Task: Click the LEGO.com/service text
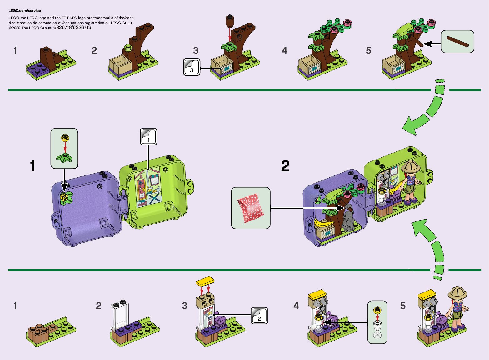(x=25, y=11)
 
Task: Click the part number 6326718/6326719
(x=72, y=28)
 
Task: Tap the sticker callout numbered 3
(x=192, y=67)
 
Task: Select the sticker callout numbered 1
(x=148, y=137)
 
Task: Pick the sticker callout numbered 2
(x=259, y=316)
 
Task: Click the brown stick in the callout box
(x=457, y=41)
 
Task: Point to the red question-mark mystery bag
(x=250, y=208)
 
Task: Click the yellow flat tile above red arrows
(x=205, y=281)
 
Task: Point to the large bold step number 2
(x=285, y=166)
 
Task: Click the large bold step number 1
(x=33, y=166)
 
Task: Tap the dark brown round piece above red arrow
(x=230, y=21)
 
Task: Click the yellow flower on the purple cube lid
(x=65, y=197)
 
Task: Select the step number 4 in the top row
(x=284, y=51)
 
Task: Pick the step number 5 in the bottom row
(x=403, y=306)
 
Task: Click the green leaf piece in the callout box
(x=64, y=158)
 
